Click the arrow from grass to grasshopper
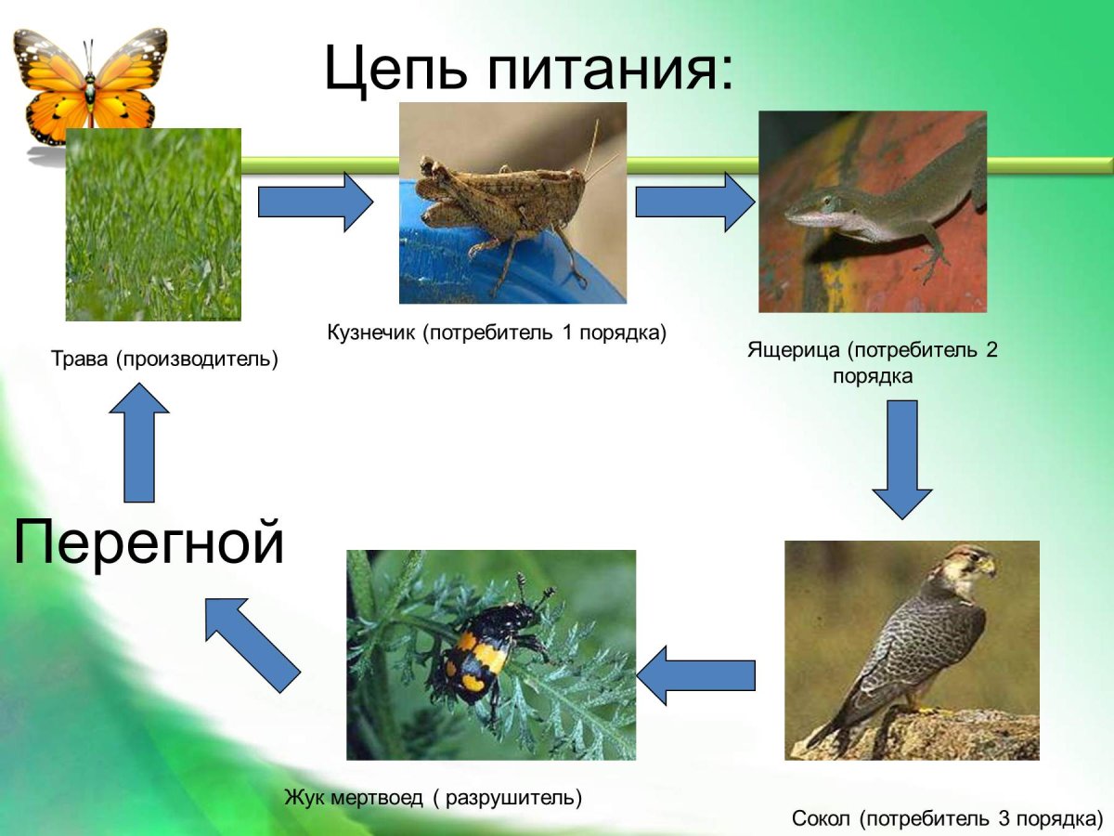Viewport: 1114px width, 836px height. (x=314, y=201)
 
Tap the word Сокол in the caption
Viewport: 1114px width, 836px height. (x=822, y=819)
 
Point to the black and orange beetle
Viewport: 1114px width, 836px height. (x=483, y=650)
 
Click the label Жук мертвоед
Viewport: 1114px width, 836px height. (x=353, y=797)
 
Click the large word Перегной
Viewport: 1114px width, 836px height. (x=149, y=543)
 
